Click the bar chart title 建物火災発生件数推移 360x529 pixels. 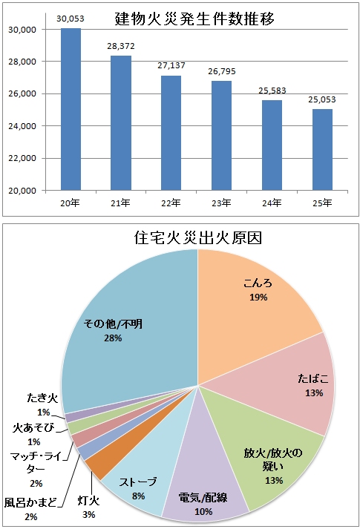point(194,19)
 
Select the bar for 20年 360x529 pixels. point(71,109)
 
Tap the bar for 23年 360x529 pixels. point(221,136)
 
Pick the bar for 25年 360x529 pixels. point(322,150)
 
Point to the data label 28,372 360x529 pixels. point(121,46)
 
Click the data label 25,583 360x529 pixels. point(272,91)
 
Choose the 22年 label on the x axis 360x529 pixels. point(171,203)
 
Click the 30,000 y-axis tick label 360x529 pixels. point(22,30)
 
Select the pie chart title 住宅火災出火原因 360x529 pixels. point(198,238)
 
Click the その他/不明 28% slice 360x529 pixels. point(128,331)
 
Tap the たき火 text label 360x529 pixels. point(42,398)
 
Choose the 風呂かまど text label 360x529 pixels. point(30,503)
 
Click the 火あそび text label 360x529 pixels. point(33,428)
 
